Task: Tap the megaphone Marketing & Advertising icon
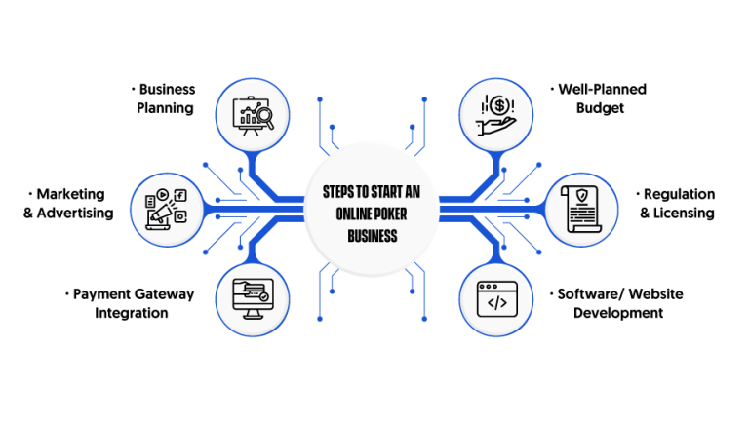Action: [x=165, y=206]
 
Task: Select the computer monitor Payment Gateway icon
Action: [x=253, y=298]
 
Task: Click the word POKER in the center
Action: [x=396, y=214]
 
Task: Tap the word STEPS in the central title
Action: [x=340, y=192]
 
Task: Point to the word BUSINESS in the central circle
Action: [x=374, y=237]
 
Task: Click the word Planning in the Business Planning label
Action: [x=165, y=107]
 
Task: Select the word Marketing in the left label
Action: [x=71, y=194]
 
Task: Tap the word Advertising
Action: [x=75, y=213]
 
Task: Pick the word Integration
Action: [x=131, y=313]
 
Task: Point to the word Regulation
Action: [x=679, y=194]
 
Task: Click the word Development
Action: [x=618, y=313]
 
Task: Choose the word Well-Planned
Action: [x=602, y=89]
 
